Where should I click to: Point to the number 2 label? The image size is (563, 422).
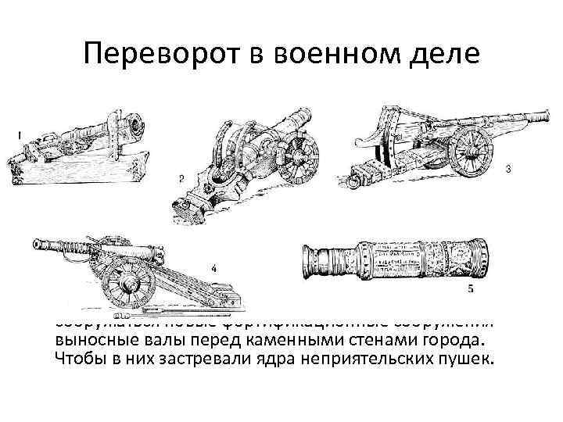[181, 179]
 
